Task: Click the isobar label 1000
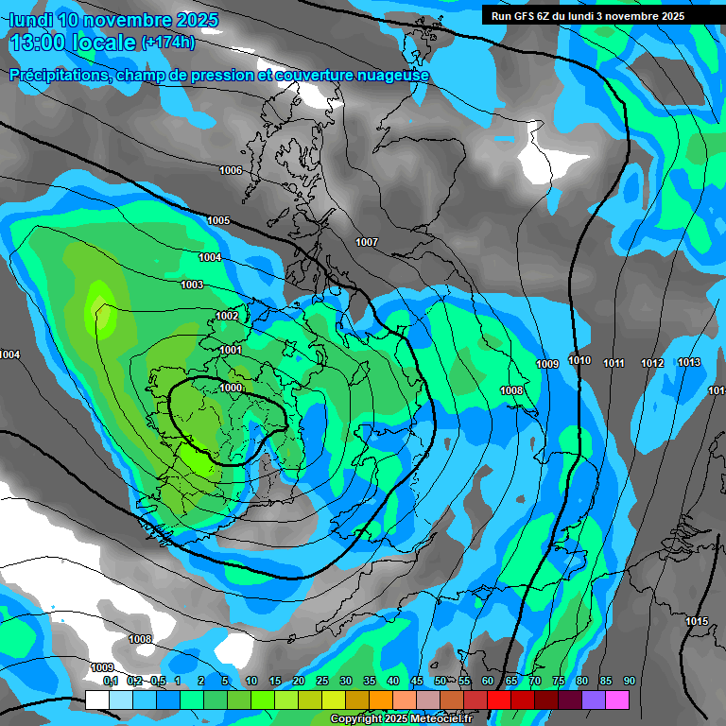(231, 388)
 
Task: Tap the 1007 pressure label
(367, 243)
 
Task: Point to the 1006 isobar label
(231, 170)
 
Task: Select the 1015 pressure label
(697, 621)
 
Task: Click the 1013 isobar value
(689, 363)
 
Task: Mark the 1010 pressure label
(579, 361)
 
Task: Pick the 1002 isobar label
(227, 316)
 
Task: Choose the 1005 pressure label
(218, 220)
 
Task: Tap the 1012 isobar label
(652, 364)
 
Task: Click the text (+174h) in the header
(168, 43)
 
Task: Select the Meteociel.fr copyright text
(401, 719)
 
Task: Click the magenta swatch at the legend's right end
(617, 700)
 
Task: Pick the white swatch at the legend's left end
(96, 700)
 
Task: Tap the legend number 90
(629, 681)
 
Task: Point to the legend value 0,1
(111, 681)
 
